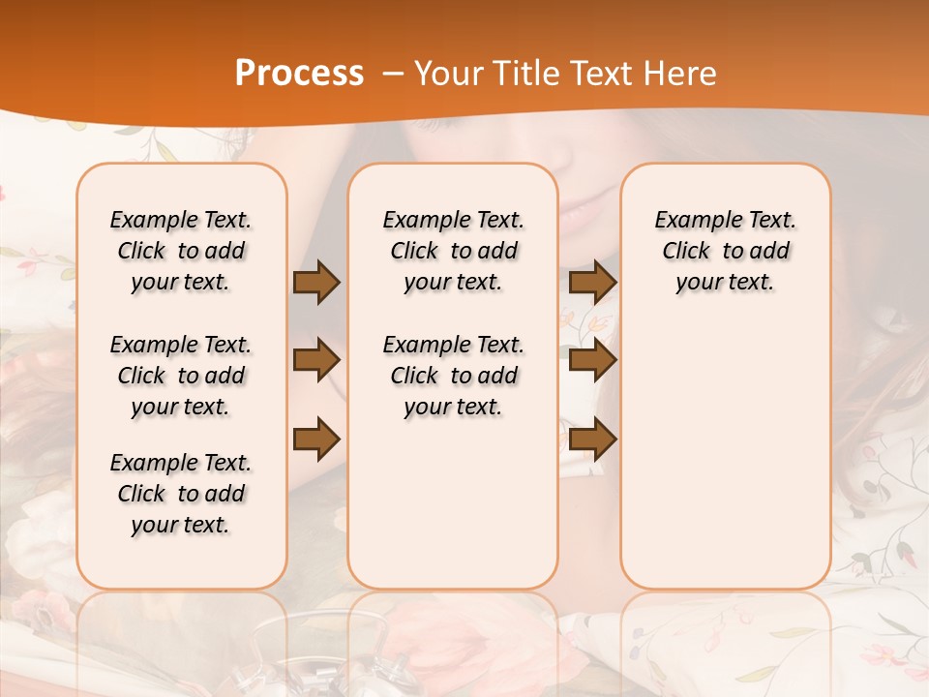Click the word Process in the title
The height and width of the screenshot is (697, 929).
299,74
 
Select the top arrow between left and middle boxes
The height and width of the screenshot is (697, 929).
315,283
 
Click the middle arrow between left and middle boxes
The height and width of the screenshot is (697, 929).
315,360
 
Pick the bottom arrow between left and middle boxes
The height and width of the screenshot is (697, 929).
315,439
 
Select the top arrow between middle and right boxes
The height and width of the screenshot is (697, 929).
592,283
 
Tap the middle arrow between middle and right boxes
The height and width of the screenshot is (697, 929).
592,360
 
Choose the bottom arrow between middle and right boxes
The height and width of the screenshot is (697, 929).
592,439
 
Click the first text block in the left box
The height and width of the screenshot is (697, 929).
181,251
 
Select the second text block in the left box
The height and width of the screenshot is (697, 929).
181,376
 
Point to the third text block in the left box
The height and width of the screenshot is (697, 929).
181,494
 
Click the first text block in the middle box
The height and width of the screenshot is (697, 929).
454,251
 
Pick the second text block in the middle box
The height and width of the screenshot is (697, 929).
454,376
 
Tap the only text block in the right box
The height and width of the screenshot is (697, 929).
726,251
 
